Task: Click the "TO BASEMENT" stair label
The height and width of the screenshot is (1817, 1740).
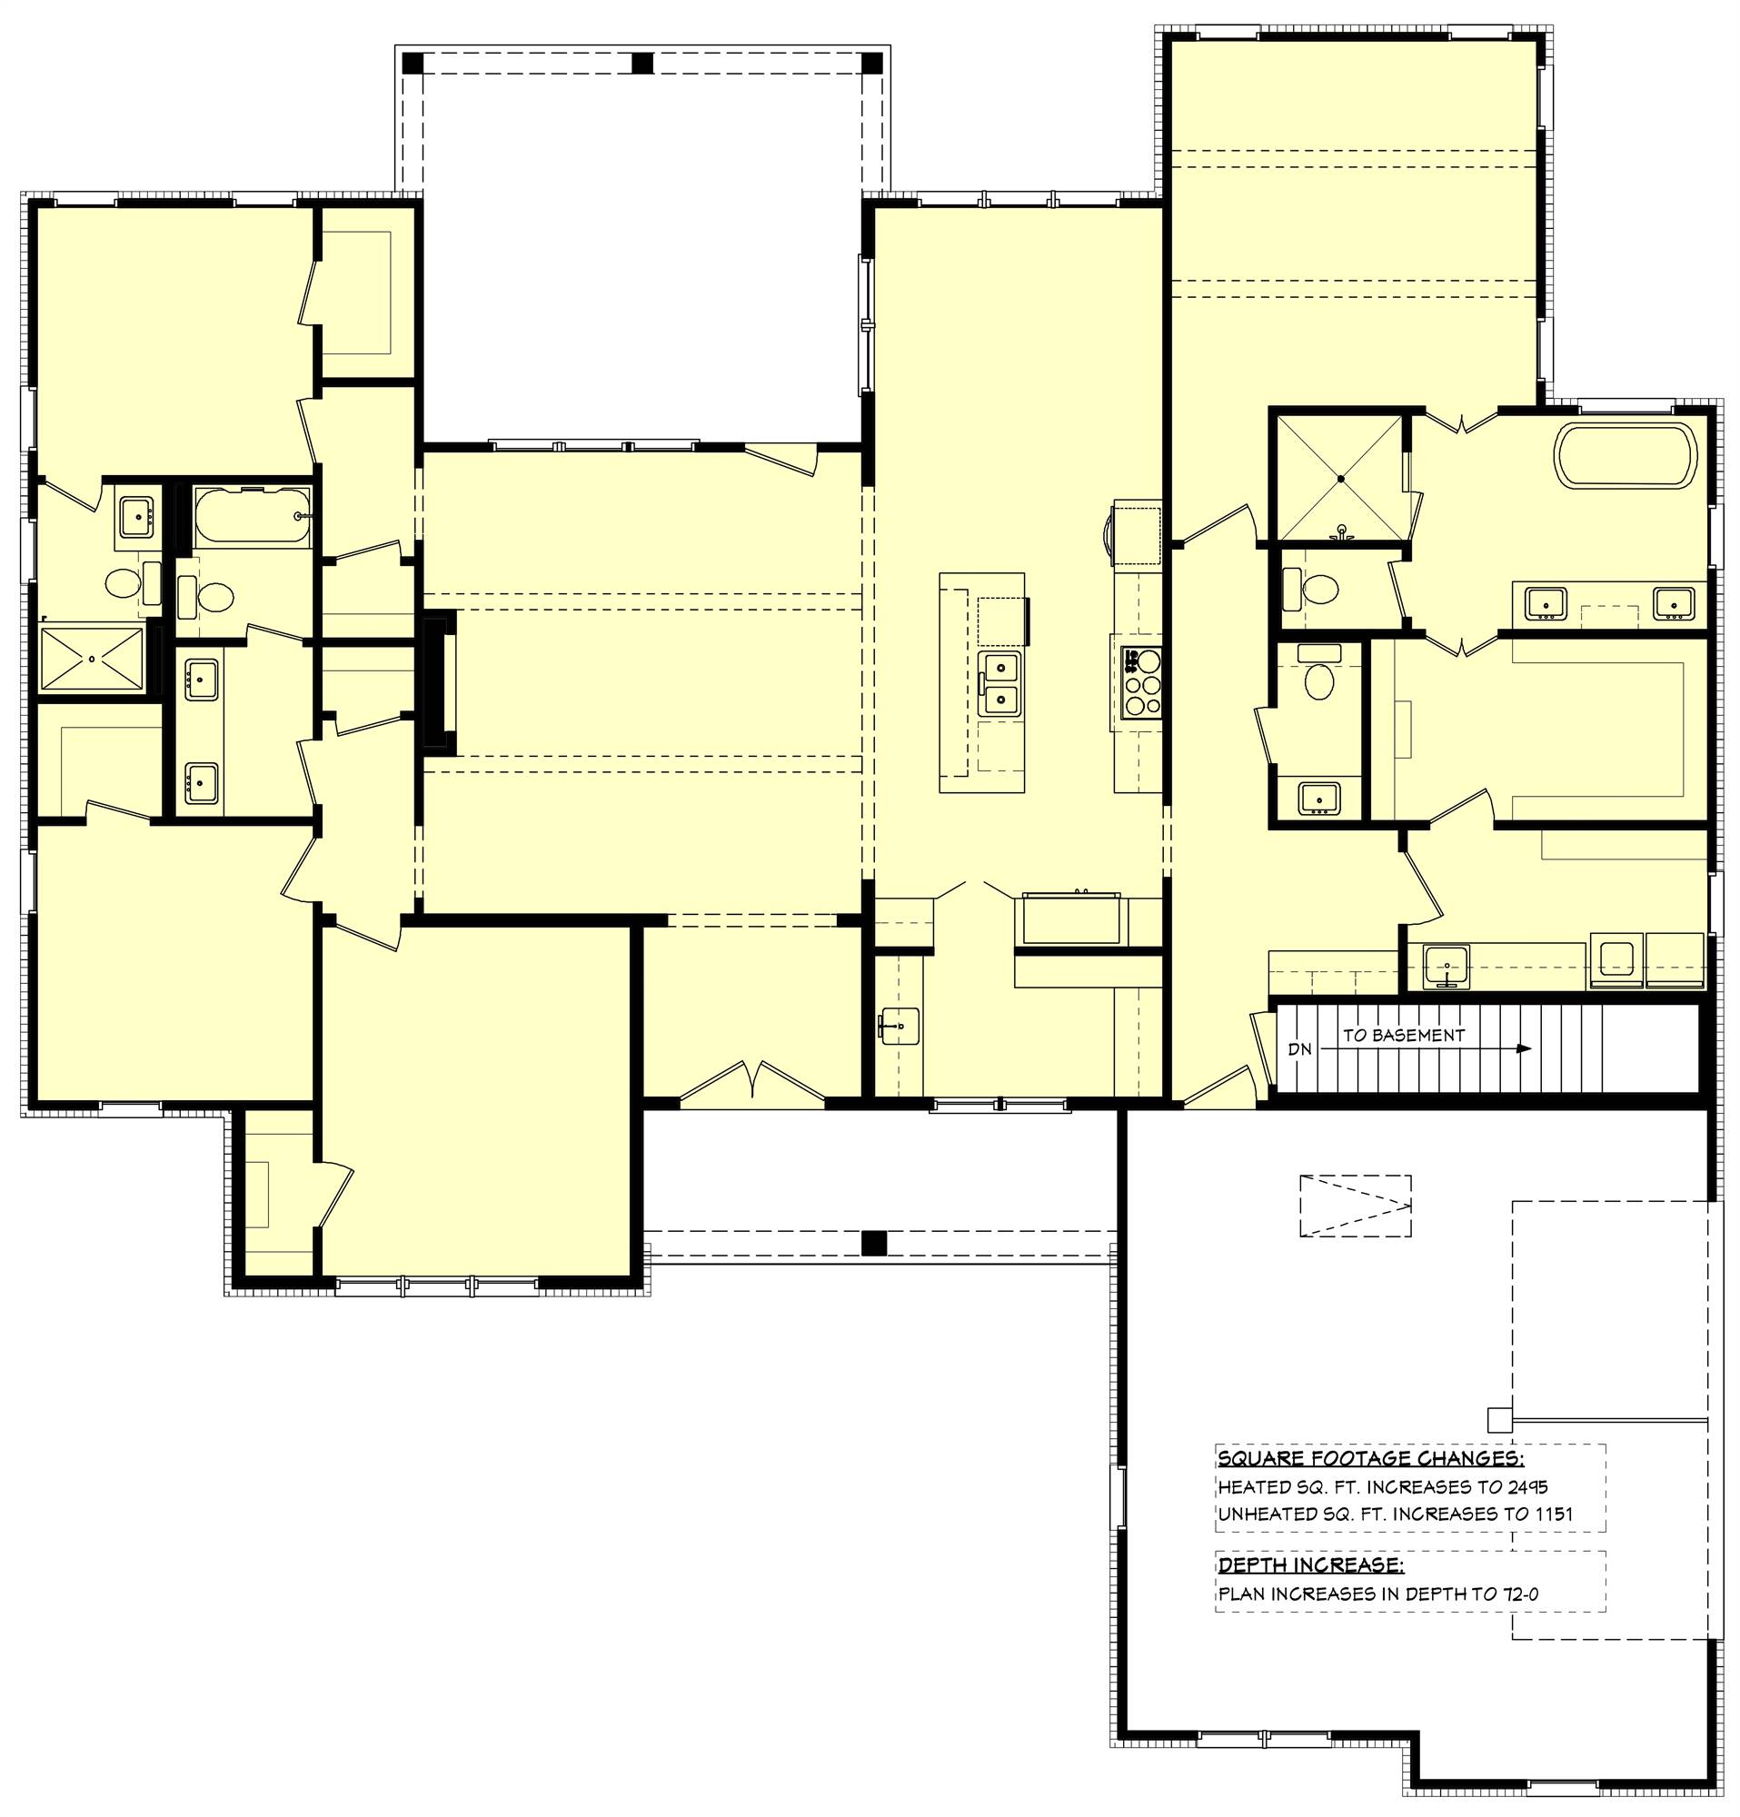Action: [1404, 1035]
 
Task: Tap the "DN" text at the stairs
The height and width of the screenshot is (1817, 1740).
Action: [1299, 1049]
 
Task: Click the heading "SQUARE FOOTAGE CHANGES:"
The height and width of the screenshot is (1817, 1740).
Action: [1370, 1458]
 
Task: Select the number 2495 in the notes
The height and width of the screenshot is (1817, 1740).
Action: [1526, 1487]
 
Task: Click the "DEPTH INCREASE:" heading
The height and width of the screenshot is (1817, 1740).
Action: [1310, 1565]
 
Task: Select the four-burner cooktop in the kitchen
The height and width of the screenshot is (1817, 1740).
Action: [1141, 684]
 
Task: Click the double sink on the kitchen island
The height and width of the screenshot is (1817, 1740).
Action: [1001, 683]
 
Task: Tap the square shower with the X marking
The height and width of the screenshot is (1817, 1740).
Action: [1339, 479]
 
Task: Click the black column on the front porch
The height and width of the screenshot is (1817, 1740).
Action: [873, 1242]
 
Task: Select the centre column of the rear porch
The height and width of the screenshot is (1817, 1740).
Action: [642, 64]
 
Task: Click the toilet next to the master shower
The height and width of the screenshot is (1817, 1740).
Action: [1313, 588]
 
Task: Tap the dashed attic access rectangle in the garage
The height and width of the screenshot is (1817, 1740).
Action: [1355, 1206]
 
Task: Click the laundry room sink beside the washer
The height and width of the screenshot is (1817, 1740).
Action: [1446, 967]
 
